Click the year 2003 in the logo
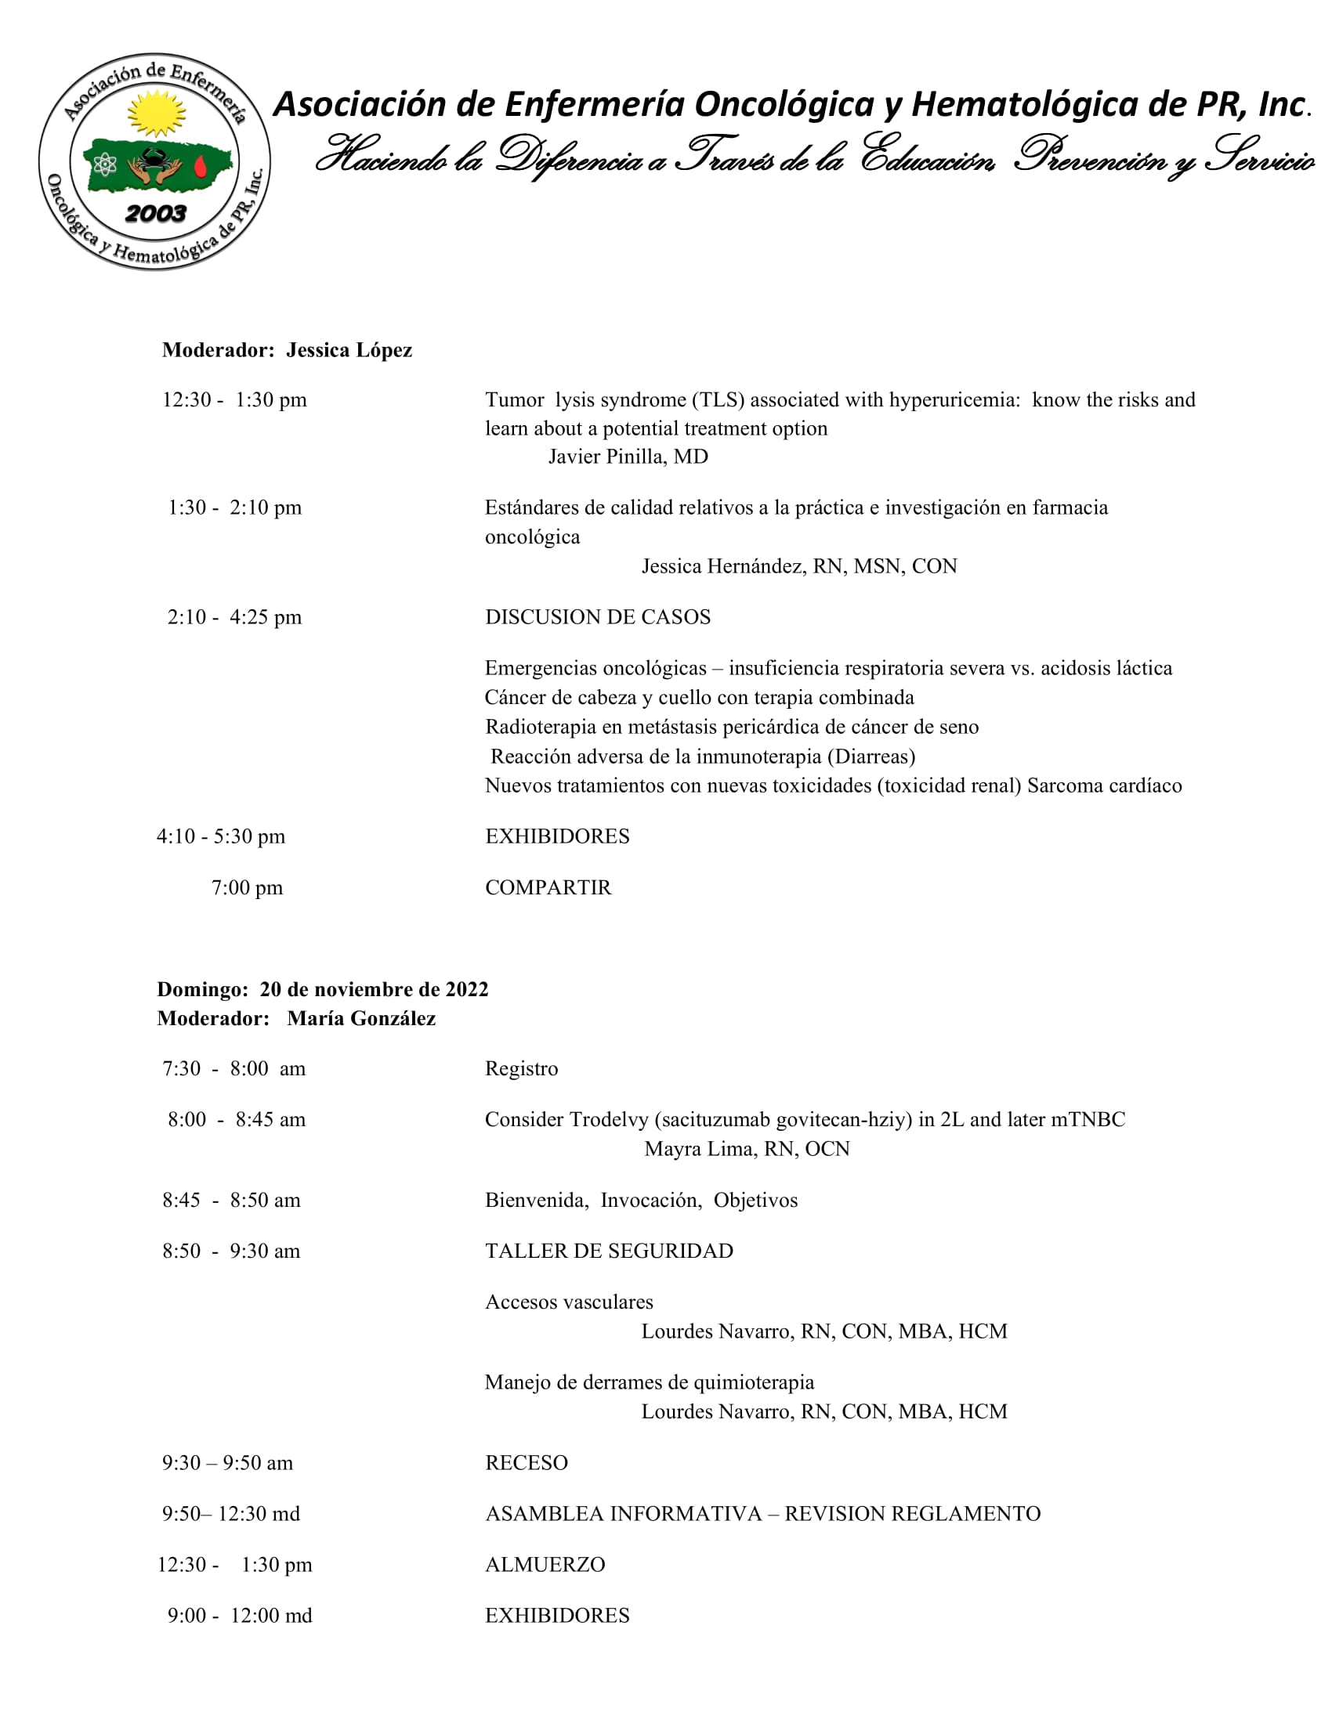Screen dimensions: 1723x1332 [155, 213]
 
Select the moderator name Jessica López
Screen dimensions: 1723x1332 [349, 350]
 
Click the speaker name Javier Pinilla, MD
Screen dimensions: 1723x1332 [628, 457]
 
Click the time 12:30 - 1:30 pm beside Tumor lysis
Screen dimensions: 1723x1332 [234, 400]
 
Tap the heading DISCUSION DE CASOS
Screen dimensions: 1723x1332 [597, 617]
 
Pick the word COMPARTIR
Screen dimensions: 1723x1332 [548, 887]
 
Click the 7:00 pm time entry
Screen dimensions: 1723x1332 [247, 887]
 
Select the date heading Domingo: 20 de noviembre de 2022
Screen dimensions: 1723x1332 [323, 989]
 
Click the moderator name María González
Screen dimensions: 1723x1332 [360, 1018]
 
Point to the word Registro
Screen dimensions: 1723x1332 [521, 1069]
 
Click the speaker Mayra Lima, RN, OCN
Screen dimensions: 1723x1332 [747, 1149]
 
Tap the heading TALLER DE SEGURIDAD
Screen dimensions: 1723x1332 [608, 1251]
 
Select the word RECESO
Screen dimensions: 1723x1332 [527, 1463]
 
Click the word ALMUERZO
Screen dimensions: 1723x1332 [545, 1565]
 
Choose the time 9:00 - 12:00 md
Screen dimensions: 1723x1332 [239, 1616]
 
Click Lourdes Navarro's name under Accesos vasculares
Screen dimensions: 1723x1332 [823, 1331]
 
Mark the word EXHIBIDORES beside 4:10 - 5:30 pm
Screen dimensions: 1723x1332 [557, 836]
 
